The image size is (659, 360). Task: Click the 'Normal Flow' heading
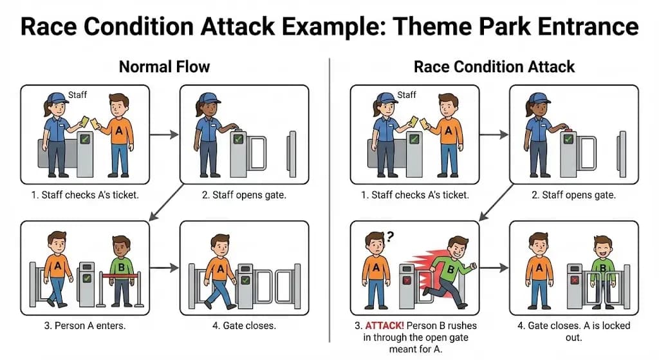pos(165,66)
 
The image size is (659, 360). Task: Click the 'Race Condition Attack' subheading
pos(494,66)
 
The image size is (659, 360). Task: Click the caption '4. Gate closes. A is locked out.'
pos(574,330)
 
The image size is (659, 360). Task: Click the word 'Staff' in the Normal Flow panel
pos(77,95)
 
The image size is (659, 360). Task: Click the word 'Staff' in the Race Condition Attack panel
pos(407,95)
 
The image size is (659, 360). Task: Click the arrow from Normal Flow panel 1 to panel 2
pos(164,135)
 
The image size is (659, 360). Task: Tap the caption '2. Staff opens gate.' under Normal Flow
pos(244,194)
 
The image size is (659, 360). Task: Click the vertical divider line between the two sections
pos(329,193)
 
